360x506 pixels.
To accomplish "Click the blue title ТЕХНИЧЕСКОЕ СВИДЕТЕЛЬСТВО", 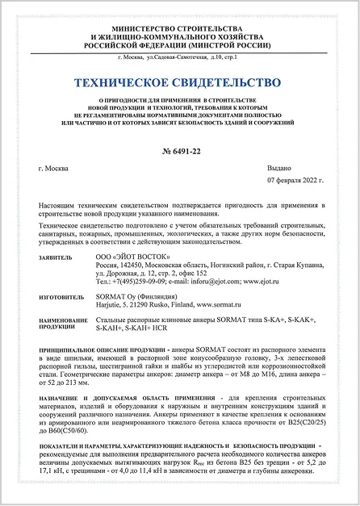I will [180, 82].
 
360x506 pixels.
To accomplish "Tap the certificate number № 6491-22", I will [179, 151].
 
